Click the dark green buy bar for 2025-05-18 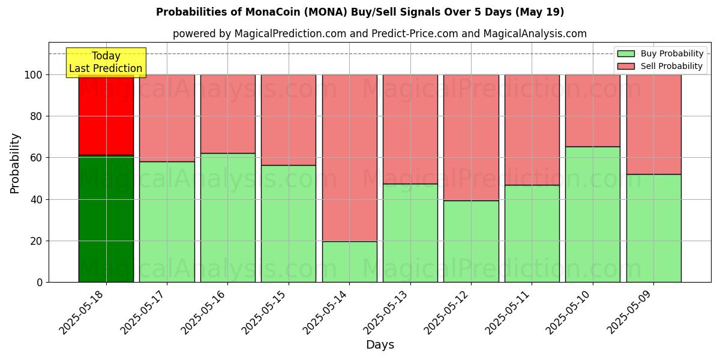coord(106,219)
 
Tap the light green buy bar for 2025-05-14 coord(349,262)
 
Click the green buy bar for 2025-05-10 coord(592,214)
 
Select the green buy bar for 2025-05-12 coord(471,241)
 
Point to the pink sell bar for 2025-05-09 coord(653,124)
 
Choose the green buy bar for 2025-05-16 coord(227,218)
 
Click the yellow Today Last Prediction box coord(106,62)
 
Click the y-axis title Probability coord(15,163)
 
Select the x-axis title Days coord(380,345)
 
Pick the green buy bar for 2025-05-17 coord(167,222)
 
